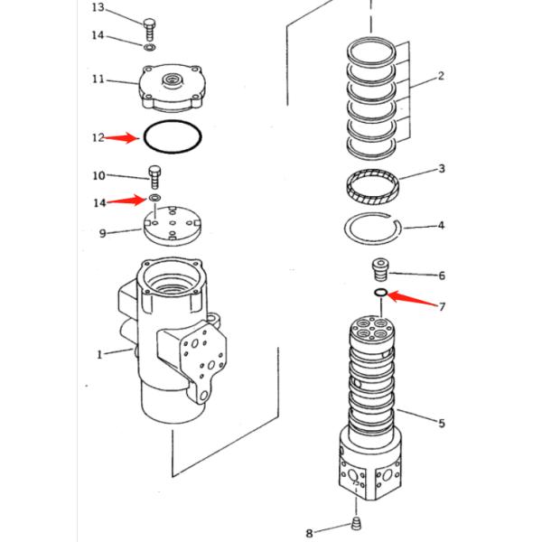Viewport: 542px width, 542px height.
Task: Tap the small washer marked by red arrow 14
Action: tap(155, 198)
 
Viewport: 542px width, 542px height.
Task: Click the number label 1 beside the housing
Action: tap(99, 354)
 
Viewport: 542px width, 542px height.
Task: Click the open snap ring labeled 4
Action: tap(371, 231)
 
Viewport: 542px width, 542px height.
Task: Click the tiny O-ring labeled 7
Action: tap(380, 293)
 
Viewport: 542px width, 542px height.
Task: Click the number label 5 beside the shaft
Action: tap(441, 424)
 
